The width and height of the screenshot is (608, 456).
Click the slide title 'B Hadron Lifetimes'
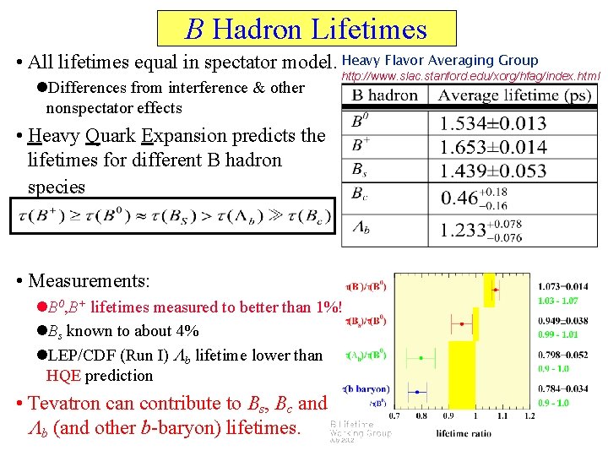(307, 30)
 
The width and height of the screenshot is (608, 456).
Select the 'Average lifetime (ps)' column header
(515, 95)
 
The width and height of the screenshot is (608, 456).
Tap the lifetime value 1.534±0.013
(493, 123)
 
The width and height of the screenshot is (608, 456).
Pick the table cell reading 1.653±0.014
(493, 147)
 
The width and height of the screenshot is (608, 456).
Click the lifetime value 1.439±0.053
(493, 171)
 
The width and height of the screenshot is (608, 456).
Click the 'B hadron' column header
(384, 95)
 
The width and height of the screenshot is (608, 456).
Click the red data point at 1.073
(495, 290)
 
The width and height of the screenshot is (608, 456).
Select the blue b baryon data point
(417, 391)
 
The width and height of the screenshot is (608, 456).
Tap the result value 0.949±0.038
(562, 321)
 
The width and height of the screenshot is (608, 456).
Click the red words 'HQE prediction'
(100, 376)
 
